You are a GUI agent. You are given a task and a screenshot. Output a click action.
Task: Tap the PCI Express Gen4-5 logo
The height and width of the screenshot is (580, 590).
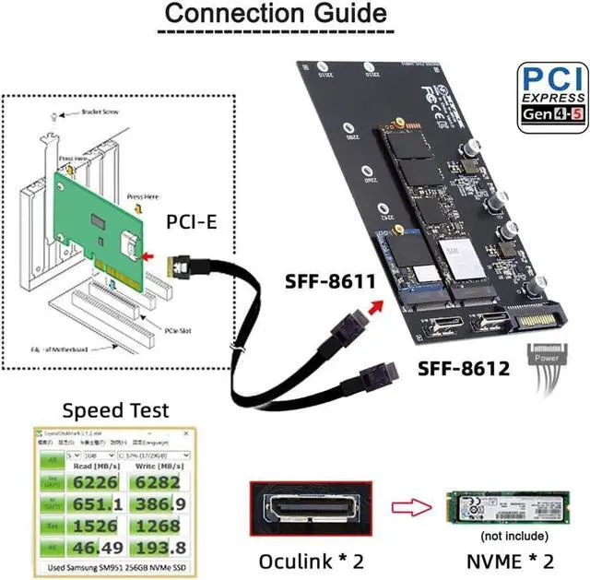pyautogui.click(x=550, y=98)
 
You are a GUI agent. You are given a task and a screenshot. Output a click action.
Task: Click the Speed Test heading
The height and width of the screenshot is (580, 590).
pyautogui.click(x=115, y=408)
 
